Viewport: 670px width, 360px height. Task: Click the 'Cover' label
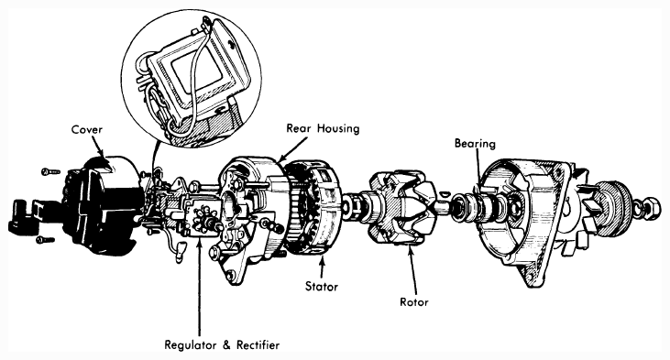pyautogui.click(x=87, y=129)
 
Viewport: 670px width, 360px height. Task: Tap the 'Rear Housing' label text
pyautogui.click(x=323, y=128)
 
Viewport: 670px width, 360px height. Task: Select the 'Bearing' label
pyautogui.click(x=475, y=144)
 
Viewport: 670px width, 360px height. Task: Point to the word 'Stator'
pyautogui.click(x=322, y=286)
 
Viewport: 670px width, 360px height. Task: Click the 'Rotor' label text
pyautogui.click(x=413, y=302)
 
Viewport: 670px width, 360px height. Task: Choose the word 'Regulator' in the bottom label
pyautogui.click(x=190, y=344)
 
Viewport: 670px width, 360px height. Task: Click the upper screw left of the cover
pyautogui.click(x=50, y=171)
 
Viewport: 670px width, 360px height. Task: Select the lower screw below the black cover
pyautogui.click(x=45, y=240)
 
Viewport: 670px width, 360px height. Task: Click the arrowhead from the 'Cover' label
pyautogui.click(x=102, y=152)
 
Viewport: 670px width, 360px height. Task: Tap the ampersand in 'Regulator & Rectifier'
pyautogui.click(x=226, y=344)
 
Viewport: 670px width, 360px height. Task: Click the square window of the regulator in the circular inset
pyautogui.click(x=197, y=71)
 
